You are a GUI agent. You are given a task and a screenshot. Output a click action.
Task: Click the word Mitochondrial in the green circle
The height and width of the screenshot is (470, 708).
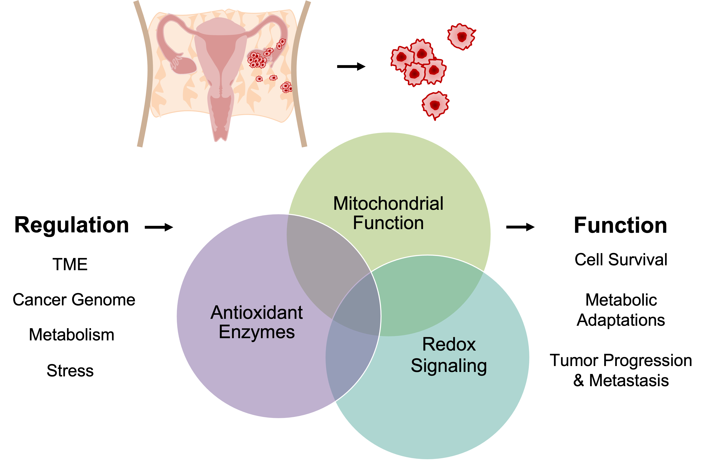coord(388,203)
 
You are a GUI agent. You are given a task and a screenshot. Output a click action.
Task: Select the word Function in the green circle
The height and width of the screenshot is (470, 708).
coord(388,223)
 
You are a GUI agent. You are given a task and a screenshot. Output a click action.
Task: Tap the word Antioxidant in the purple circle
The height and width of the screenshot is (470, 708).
coord(257,313)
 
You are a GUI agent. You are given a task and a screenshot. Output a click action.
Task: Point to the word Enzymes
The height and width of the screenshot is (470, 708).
coord(257,332)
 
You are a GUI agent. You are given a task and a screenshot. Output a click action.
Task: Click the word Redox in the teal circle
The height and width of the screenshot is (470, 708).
coord(449,344)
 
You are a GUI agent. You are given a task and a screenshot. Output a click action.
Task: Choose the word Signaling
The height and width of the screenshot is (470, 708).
coord(449,366)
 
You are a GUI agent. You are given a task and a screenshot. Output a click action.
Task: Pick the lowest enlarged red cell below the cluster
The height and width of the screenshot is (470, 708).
coord(435,105)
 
